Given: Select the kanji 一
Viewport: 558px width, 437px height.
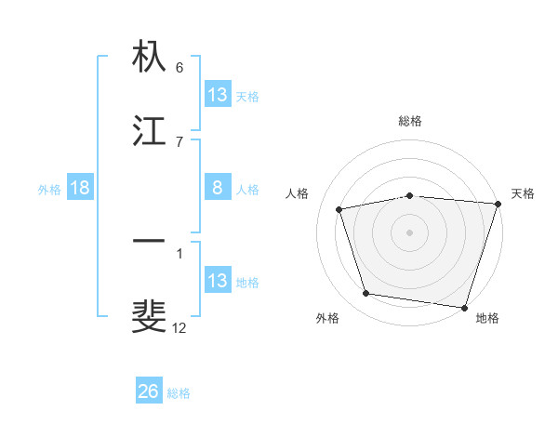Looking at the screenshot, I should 149,242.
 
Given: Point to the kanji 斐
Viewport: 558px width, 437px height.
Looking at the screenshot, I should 149,316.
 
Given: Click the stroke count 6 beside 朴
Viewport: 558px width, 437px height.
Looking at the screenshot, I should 179,68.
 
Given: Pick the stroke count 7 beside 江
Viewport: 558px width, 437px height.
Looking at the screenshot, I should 179,141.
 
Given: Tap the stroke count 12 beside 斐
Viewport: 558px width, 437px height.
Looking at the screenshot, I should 179,327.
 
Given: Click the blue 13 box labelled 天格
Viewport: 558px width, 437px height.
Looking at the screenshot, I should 218,95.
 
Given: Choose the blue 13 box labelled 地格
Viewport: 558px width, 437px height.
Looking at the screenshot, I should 218,280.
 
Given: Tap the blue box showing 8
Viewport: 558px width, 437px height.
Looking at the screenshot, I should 218,188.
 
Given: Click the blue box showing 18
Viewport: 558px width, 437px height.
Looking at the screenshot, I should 80,188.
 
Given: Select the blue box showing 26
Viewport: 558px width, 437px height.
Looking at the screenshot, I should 149,391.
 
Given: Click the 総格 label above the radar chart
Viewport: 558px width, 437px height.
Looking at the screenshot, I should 410,121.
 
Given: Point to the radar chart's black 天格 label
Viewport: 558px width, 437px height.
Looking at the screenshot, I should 523,193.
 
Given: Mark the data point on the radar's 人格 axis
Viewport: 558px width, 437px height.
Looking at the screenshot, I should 339,209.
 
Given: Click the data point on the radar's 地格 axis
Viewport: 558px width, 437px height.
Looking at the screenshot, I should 464,307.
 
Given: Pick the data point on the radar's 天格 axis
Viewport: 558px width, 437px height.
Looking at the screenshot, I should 498,204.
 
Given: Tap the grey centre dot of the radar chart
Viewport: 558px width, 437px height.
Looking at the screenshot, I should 410,232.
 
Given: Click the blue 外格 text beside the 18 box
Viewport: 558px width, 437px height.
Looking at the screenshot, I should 49,189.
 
